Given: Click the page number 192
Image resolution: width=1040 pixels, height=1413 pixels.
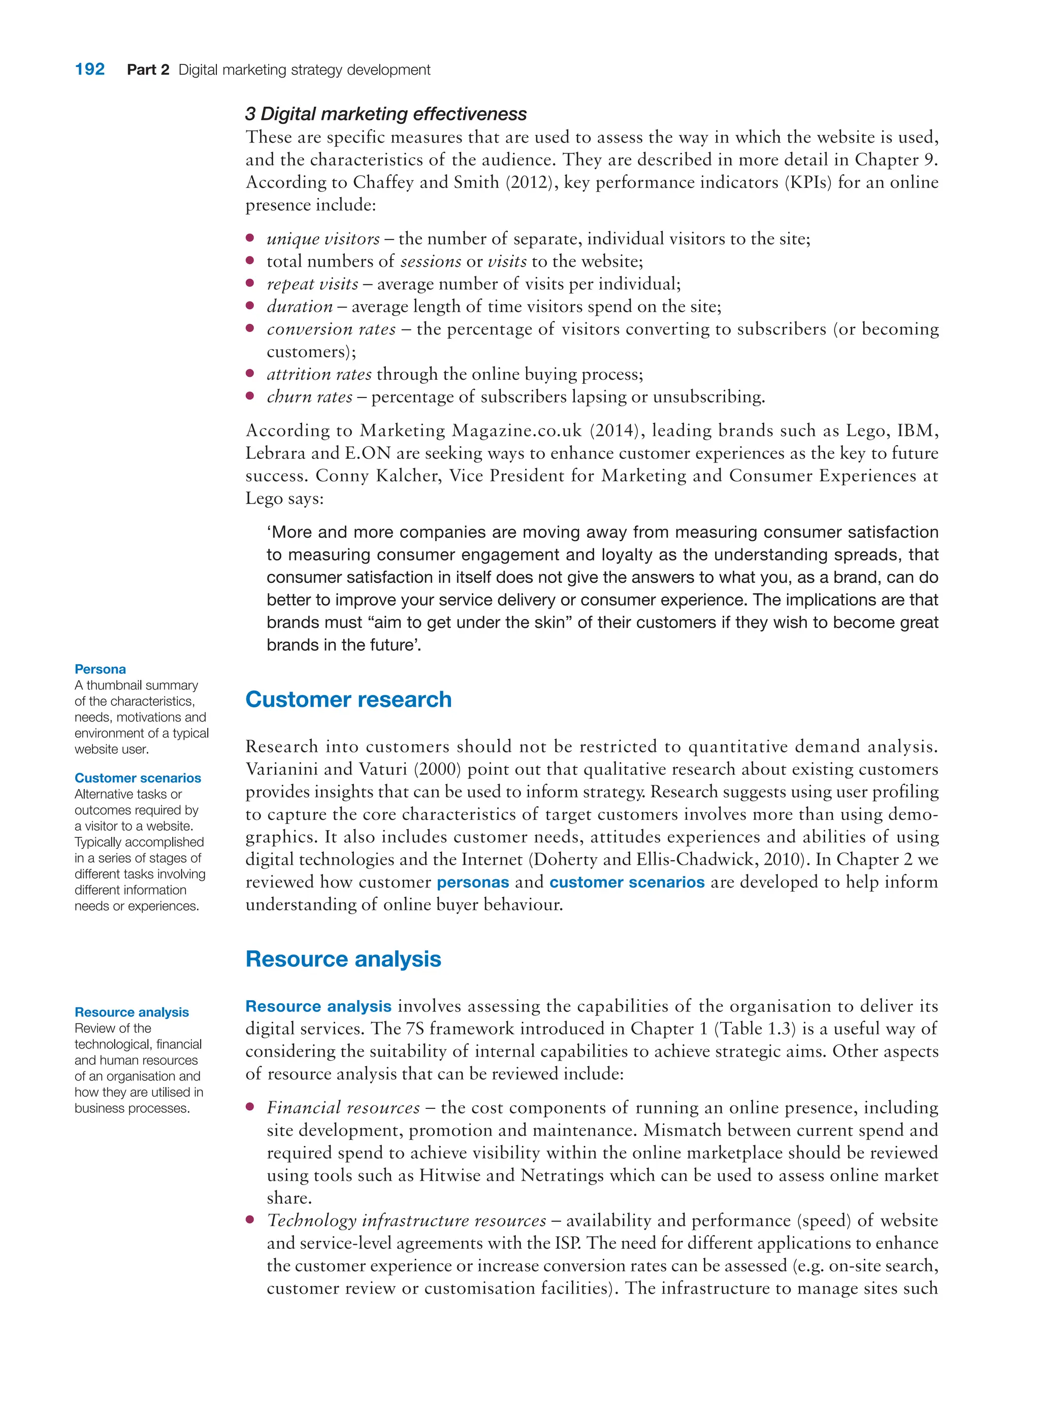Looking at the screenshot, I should coord(89,69).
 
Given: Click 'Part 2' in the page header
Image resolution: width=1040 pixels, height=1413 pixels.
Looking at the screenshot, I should coord(148,70).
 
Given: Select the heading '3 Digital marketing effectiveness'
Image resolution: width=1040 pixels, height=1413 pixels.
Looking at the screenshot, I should coord(385,114).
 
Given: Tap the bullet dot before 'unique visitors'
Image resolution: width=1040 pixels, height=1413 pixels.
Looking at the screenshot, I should coord(250,238).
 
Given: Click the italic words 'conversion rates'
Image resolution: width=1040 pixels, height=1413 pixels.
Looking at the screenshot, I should coord(331,329).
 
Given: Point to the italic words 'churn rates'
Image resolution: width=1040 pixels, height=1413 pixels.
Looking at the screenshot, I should coord(309,397).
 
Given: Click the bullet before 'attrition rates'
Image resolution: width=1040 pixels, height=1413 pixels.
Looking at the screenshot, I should coord(250,374).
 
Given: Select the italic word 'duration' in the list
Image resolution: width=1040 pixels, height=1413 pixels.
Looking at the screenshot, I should coord(299,307).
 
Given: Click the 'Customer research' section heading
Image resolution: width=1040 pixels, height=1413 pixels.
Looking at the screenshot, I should coord(348,699).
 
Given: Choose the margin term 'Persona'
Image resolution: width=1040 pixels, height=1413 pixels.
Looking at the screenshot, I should coord(100,669).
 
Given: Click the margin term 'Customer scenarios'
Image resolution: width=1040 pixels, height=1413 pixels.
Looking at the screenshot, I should coord(137,778).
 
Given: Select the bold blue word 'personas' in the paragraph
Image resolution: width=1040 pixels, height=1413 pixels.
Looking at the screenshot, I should coord(472,882).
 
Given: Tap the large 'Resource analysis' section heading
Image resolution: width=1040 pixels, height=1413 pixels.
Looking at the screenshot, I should coord(343,959).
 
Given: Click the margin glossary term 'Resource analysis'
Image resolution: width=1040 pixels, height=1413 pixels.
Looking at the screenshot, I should coord(132,1012).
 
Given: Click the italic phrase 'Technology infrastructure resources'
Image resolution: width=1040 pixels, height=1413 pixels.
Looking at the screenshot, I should coord(406,1221).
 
